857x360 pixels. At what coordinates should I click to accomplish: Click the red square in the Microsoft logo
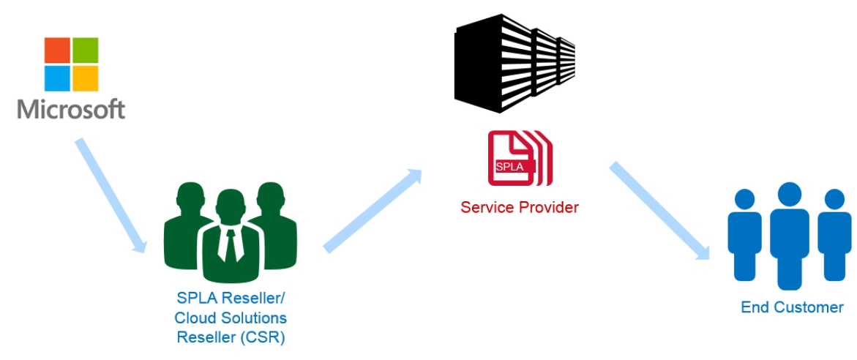[x=57, y=50]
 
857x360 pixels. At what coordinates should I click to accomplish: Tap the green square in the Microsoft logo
[x=86, y=50]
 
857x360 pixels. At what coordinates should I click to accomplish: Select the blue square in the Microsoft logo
[x=57, y=79]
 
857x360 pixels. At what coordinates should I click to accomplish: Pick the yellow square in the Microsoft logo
[x=86, y=79]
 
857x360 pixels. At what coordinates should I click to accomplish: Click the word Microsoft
[x=71, y=109]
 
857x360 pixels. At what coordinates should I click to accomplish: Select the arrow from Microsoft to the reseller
[x=111, y=195]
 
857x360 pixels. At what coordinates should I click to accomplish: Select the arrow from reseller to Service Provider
[x=373, y=210]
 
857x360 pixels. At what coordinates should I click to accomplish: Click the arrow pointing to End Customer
[x=659, y=210]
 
